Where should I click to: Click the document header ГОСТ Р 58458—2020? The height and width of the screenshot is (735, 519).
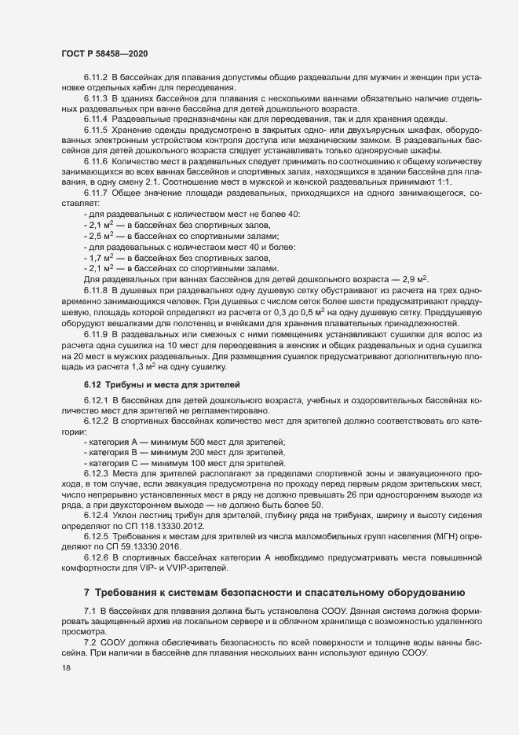pos(104,53)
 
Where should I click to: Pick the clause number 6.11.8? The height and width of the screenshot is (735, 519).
pos(96,291)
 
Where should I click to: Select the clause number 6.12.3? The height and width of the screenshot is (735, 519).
pos(96,474)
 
